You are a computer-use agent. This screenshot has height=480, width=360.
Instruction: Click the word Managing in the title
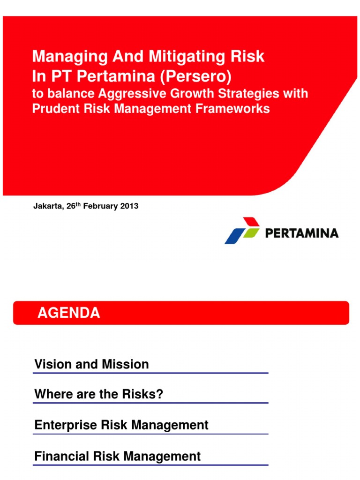pyautogui.click(x=70, y=57)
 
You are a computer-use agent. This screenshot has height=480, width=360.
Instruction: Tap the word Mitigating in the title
pyautogui.click(x=187, y=57)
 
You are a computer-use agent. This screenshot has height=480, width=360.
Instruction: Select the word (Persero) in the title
pyautogui.click(x=196, y=76)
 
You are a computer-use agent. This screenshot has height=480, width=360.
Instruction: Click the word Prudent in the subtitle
pyautogui.click(x=56, y=108)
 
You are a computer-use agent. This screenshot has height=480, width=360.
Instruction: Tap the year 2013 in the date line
pyautogui.click(x=129, y=206)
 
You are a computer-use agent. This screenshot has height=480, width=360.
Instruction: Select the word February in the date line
pyautogui.click(x=100, y=206)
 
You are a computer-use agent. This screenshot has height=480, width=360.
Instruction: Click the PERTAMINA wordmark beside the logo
pyautogui.click(x=302, y=233)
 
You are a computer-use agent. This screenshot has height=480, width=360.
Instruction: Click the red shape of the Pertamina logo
pyautogui.click(x=252, y=222)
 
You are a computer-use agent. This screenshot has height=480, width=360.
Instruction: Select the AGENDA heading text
pyautogui.click(x=68, y=313)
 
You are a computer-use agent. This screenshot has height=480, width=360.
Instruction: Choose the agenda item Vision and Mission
pyautogui.click(x=91, y=364)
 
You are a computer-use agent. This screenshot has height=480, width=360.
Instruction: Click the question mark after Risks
pyautogui.click(x=160, y=394)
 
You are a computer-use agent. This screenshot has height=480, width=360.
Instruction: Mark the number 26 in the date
pyautogui.click(x=71, y=206)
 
